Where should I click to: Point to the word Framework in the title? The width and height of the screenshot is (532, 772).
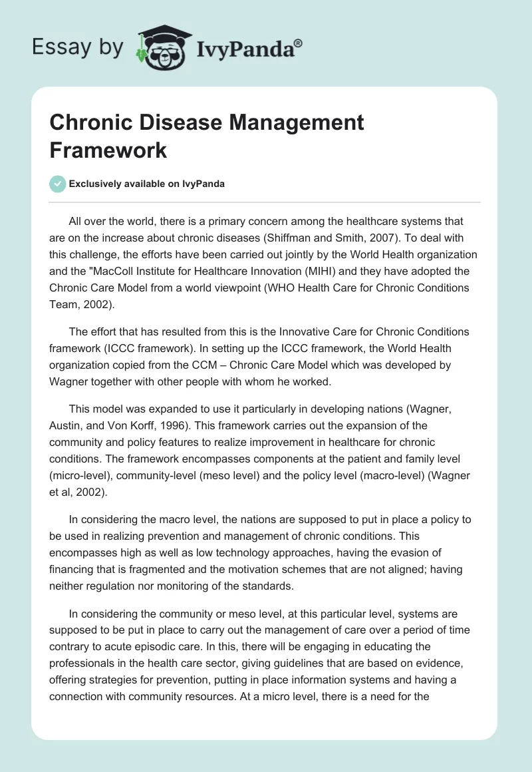pyautogui.click(x=108, y=150)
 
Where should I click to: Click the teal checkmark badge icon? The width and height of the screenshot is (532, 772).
pyautogui.click(x=57, y=184)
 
